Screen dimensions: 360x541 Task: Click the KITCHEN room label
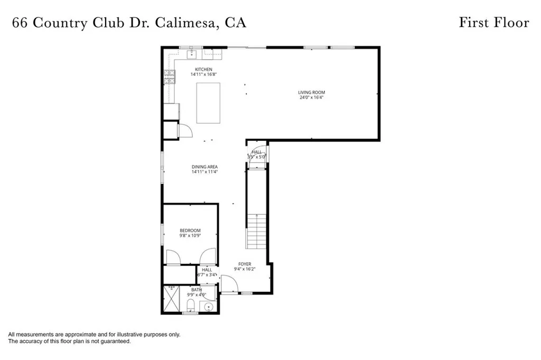click(203, 70)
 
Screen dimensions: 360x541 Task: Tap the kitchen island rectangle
click(208, 103)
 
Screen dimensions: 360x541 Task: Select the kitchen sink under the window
click(192, 54)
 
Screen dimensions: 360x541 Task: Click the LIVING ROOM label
click(310, 92)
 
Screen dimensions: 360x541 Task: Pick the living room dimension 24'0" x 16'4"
click(310, 98)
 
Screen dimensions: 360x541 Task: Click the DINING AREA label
click(204, 167)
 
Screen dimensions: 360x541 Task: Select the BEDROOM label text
click(190, 230)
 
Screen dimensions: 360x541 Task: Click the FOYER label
click(245, 264)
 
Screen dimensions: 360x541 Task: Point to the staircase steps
click(257, 232)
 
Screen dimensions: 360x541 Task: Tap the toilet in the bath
click(191, 305)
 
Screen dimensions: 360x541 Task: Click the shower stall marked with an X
click(171, 299)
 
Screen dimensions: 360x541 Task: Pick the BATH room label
click(197, 289)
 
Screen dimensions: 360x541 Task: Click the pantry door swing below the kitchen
click(185, 130)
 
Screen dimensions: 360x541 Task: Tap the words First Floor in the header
click(493, 23)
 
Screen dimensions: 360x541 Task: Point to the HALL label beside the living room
click(257, 152)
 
